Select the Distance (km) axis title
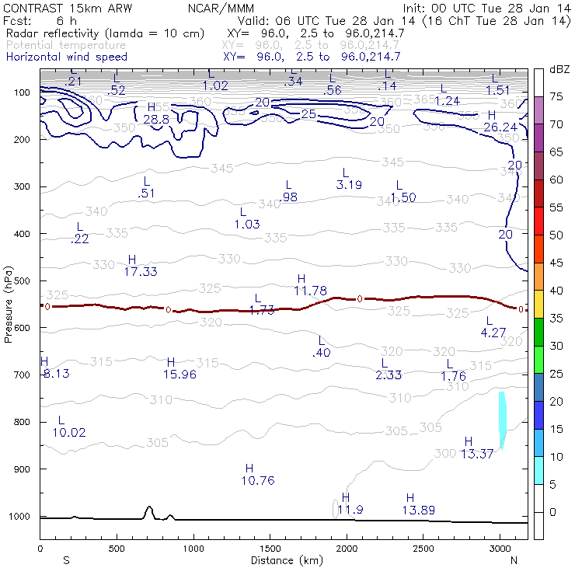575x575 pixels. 283,559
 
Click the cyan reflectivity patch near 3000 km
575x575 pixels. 502,420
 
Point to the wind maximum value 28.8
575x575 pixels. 156,119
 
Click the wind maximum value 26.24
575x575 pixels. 500,127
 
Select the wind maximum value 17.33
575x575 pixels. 140,271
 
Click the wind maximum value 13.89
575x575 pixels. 418,510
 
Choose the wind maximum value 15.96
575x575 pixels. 180,375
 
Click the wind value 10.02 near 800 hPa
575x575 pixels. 69,432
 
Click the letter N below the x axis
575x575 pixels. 514,559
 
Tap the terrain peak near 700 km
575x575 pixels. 148,508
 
